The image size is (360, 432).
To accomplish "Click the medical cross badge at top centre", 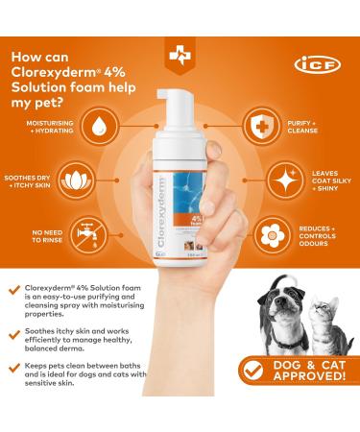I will [180, 57].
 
